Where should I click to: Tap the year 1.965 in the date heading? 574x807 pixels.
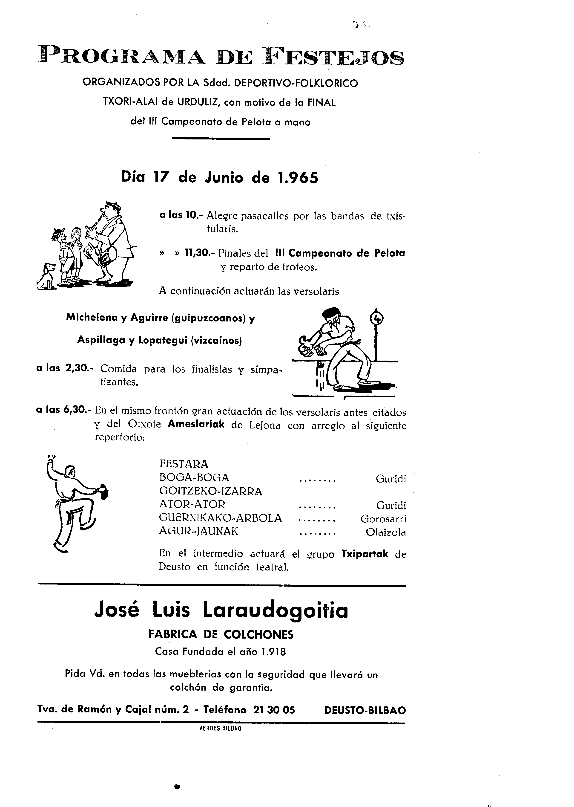[297, 177]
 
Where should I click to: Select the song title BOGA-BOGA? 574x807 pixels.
[194, 478]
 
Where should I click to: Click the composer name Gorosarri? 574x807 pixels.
[383, 519]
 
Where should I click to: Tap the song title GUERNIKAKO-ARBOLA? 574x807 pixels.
[221, 518]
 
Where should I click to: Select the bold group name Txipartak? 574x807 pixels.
[365, 554]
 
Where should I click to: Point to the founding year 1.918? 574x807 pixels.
[273, 651]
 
